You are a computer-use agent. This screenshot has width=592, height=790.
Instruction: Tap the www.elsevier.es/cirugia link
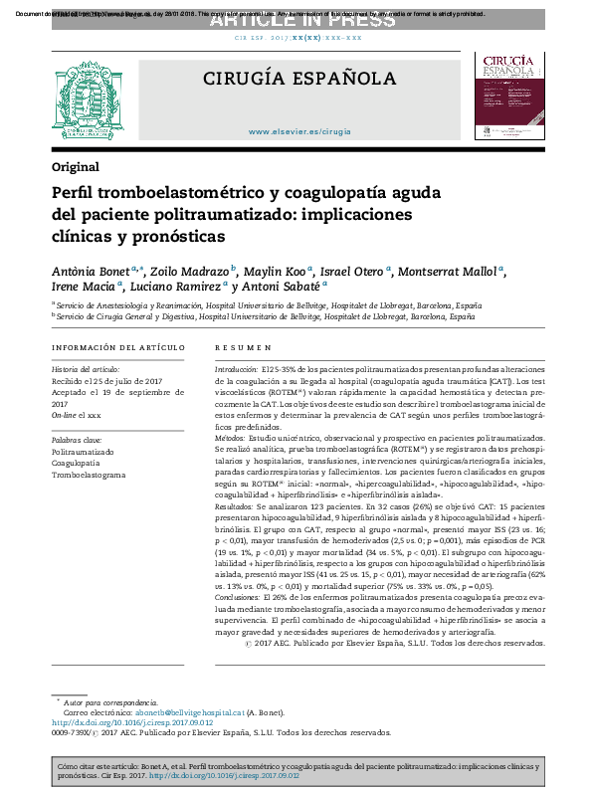[x=299, y=131]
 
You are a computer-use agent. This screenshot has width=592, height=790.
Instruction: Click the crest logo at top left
[x=90, y=99]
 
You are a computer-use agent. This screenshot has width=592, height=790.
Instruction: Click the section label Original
[x=76, y=166]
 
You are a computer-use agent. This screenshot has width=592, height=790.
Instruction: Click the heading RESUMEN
[x=244, y=347]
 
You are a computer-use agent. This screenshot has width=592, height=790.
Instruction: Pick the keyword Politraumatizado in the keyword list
[x=83, y=451]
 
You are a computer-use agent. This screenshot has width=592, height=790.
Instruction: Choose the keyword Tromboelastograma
[x=90, y=475]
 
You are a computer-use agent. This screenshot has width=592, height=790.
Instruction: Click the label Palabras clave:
[x=77, y=439]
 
